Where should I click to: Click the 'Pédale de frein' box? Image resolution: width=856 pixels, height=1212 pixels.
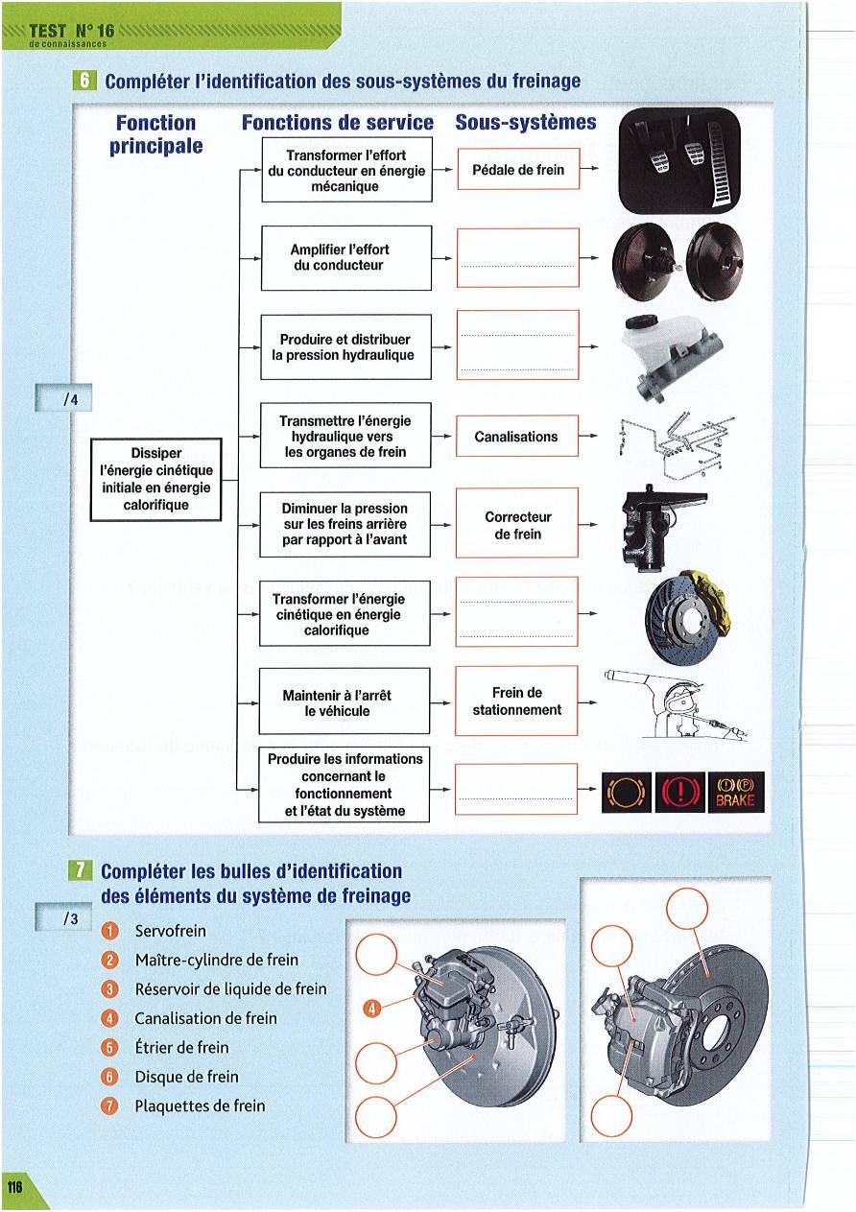click(x=518, y=170)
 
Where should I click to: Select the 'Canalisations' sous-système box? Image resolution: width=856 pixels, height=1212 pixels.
click(x=517, y=437)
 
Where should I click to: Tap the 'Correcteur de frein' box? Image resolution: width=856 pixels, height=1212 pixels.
click(x=517, y=524)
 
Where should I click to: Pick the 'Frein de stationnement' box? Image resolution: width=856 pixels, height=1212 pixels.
click(x=517, y=701)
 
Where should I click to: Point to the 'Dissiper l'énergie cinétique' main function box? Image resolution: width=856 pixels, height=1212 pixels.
click(x=156, y=479)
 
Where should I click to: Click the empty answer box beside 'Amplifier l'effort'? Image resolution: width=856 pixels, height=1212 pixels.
click(x=518, y=257)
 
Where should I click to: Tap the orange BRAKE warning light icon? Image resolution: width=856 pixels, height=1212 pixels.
click(x=736, y=793)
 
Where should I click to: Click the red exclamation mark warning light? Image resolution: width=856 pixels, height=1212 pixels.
click(x=679, y=793)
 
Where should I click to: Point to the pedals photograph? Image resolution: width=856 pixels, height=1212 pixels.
click(x=678, y=159)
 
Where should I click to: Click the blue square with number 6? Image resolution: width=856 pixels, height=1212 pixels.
click(x=83, y=81)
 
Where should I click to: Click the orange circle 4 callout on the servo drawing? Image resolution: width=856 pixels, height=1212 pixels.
click(x=374, y=1007)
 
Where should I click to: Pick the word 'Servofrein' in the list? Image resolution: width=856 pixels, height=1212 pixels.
click(x=171, y=931)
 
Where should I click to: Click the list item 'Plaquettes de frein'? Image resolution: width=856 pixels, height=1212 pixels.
click(x=200, y=1105)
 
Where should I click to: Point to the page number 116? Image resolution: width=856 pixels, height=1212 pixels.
click(x=14, y=1187)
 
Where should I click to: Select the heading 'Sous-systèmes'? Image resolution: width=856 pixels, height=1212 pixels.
click(x=525, y=123)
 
